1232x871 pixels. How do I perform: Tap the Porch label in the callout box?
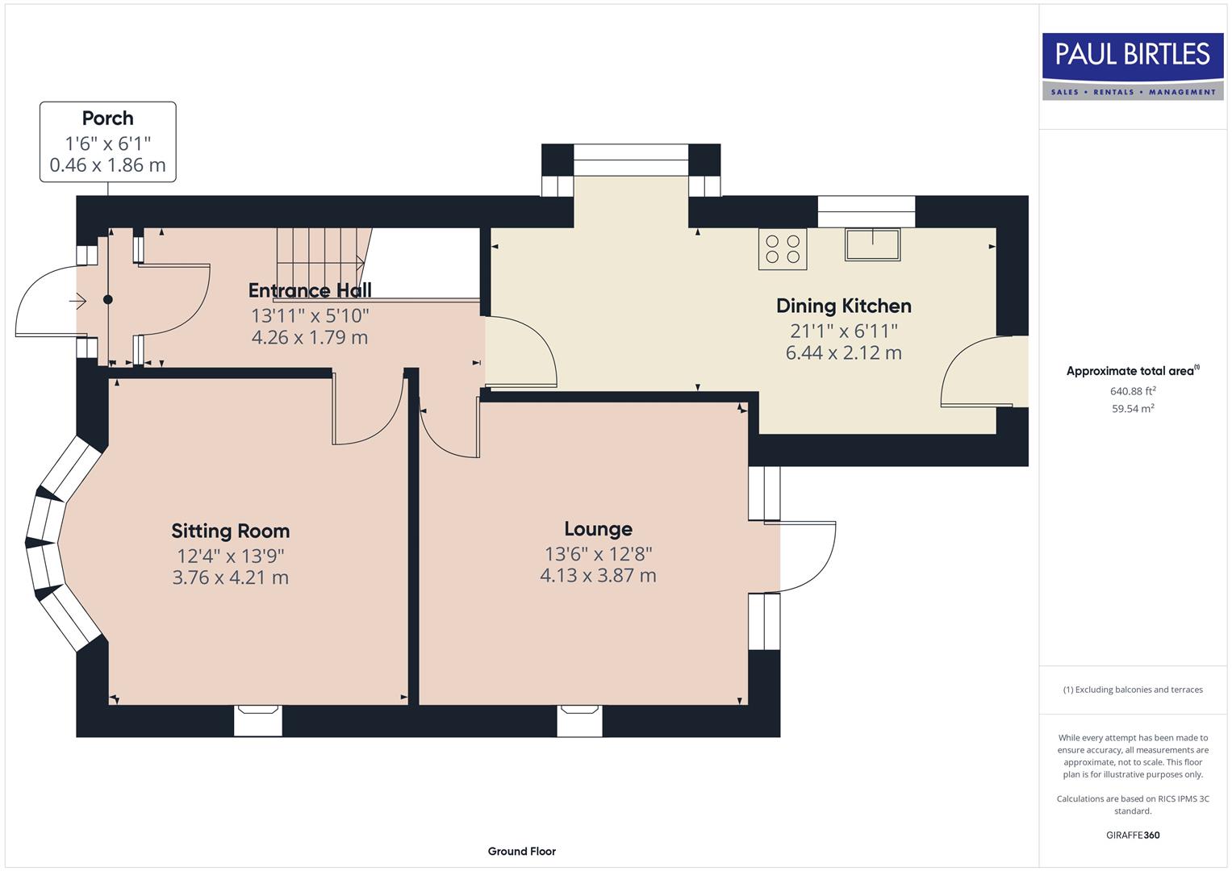(x=107, y=119)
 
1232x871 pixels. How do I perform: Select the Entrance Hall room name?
(x=310, y=290)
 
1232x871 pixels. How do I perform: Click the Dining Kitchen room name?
(x=843, y=306)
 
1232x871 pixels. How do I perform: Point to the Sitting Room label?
(x=230, y=531)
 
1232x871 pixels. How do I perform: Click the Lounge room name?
(x=598, y=529)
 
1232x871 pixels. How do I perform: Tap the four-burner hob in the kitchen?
(x=782, y=249)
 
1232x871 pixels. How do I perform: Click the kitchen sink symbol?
(x=872, y=244)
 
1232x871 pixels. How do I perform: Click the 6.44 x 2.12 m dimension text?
(x=843, y=353)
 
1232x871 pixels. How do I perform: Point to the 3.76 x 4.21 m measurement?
(x=230, y=577)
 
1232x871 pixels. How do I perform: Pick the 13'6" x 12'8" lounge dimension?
(x=598, y=554)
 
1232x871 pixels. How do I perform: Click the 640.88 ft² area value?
(x=1133, y=391)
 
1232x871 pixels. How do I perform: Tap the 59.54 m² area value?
(x=1133, y=409)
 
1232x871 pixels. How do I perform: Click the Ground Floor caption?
(x=521, y=851)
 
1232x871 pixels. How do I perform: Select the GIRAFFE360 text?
(x=1133, y=835)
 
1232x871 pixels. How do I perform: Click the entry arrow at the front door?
(x=77, y=302)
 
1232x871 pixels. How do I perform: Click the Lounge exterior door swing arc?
(x=811, y=556)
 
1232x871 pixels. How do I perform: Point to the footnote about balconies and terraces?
(x=1133, y=690)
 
